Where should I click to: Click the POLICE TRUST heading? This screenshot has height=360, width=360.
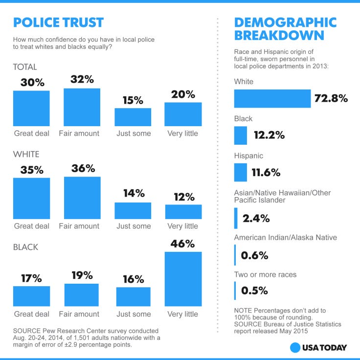[58, 22]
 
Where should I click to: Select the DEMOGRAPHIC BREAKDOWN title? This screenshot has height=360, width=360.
[285, 29]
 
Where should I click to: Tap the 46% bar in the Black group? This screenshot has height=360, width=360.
[183, 279]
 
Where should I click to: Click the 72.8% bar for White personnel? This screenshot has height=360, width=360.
[272, 98]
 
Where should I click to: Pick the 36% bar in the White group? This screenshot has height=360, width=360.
[82, 198]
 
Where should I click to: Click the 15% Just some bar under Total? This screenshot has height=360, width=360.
[133, 117]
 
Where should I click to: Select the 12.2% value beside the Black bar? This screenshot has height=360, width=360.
[269, 135]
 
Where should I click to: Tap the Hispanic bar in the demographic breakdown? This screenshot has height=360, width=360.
[241, 172]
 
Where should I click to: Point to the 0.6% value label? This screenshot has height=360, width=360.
[254, 255]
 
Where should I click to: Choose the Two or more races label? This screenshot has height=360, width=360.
[265, 274]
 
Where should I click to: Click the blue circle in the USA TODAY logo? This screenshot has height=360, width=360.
[295, 348]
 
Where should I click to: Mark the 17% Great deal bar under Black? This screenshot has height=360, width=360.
[31, 296]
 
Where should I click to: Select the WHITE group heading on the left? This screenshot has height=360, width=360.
[26, 154]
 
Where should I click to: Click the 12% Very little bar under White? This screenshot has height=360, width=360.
[183, 211]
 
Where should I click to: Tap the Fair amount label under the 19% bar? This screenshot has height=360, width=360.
[79, 314]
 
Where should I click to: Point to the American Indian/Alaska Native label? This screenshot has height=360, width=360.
[285, 238]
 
